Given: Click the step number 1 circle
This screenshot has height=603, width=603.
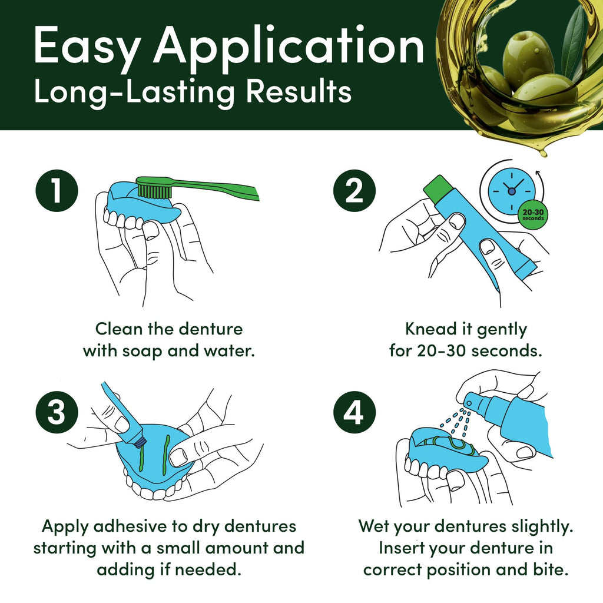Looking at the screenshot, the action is [57, 191].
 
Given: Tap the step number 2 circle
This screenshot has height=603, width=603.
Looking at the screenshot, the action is [354, 191].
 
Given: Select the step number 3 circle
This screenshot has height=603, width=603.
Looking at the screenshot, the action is [57, 412].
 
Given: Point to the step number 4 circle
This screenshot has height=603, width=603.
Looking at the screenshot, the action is [354, 412].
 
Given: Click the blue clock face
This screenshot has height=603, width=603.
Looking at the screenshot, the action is [512, 191].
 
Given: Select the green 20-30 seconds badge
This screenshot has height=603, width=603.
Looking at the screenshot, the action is [533, 215].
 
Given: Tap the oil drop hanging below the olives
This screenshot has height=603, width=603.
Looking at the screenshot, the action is [543, 153].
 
